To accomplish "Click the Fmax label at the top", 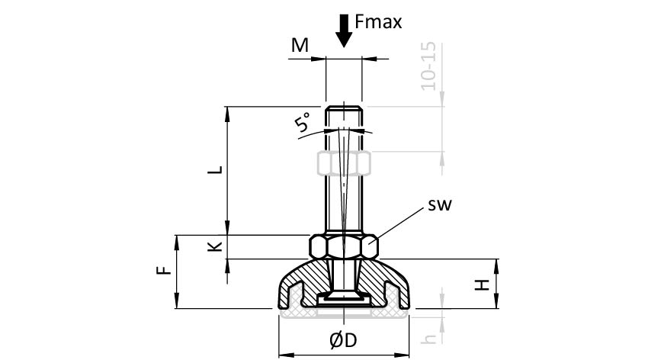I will click(378, 22).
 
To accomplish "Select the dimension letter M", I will click(300, 46).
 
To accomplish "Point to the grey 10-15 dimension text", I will click(428, 67).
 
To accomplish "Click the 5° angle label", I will click(303, 123).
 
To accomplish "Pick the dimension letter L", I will click(217, 169).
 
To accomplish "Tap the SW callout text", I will click(440, 204).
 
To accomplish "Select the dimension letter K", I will click(216, 246).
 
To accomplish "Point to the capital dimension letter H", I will click(482, 284).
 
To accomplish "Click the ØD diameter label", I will click(344, 340).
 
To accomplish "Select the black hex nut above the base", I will click(344, 247).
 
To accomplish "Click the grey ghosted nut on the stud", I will click(344, 162).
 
